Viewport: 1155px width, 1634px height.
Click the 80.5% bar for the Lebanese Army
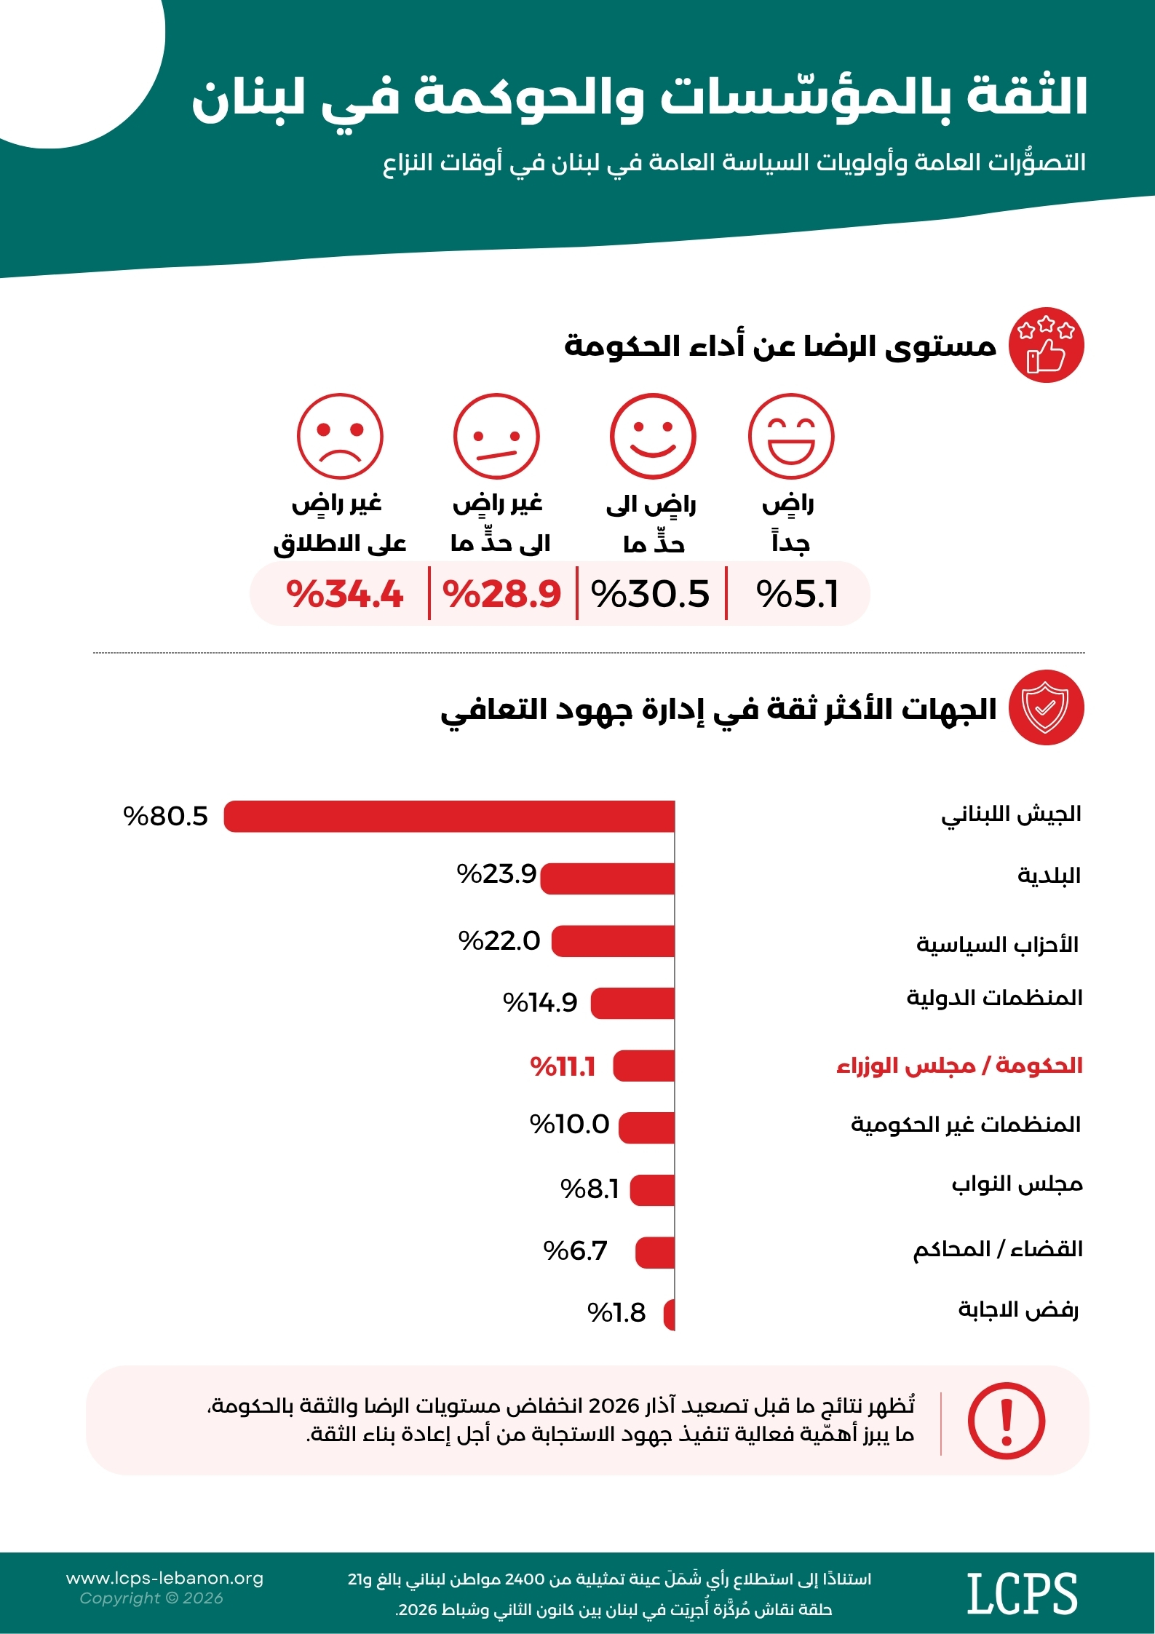pyautogui.click(x=449, y=816)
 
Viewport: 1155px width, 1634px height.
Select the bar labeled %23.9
pyautogui.click(x=608, y=879)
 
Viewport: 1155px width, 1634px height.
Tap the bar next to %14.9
pyautogui.click(x=632, y=1003)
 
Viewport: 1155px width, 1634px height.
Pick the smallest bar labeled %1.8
pyautogui.click(x=670, y=1314)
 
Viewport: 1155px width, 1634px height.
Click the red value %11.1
pyautogui.click(x=563, y=1067)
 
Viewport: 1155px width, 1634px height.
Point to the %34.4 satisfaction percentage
pyautogui.click(x=344, y=594)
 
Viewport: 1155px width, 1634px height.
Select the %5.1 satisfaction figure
pyautogui.click(x=798, y=594)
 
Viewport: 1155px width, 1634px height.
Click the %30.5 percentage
pyautogui.click(x=650, y=594)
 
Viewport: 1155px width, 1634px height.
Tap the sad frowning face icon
pyautogui.click(x=340, y=437)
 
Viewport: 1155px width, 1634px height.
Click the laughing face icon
pyautogui.click(x=791, y=437)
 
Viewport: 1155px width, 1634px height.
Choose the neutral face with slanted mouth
pyautogui.click(x=496, y=437)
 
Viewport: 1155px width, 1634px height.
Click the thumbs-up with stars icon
pyautogui.click(x=1047, y=345)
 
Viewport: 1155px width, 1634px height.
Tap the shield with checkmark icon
pyautogui.click(x=1047, y=707)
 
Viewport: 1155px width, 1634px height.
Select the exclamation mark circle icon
pyautogui.click(x=1007, y=1421)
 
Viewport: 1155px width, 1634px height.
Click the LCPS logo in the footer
pyautogui.click(x=1022, y=1593)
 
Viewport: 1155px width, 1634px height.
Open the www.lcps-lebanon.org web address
pyautogui.click(x=165, y=1578)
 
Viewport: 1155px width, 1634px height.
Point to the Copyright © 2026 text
pyautogui.click(x=151, y=1598)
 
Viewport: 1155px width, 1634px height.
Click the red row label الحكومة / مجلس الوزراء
pyautogui.click(x=959, y=1066)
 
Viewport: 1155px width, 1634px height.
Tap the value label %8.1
pyautogui.click(x=590, y=1189)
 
